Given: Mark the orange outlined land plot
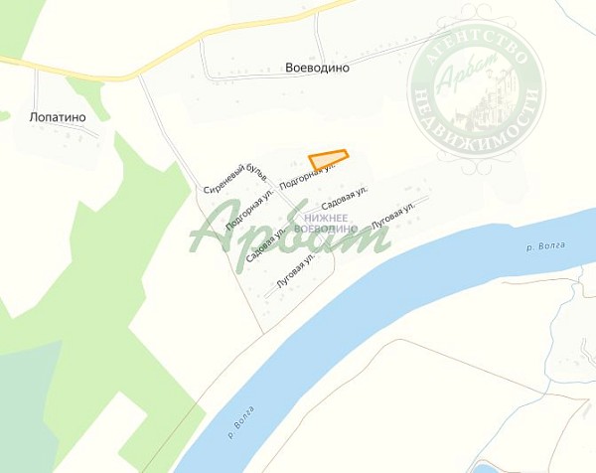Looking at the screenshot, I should coord(328,159).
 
